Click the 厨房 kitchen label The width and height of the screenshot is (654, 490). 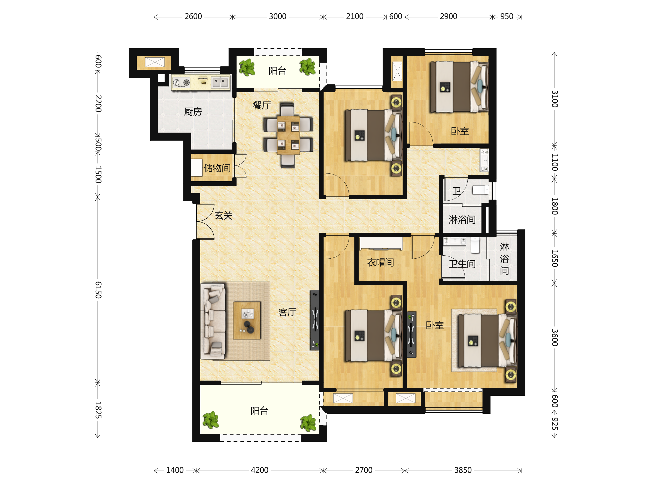point(193,112)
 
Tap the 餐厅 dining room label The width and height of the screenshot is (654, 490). point(262,105)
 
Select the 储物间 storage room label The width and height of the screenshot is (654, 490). point(217,168)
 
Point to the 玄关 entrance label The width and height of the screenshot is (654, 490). point(223,216)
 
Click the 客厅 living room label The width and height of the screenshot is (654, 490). point(287,312)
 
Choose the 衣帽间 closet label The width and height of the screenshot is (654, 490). point(380,262)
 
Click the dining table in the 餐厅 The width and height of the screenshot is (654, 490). point(288,135)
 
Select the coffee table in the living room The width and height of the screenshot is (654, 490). point(247,320)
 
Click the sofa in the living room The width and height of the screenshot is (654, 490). point(213,321)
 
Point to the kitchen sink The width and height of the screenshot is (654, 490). point(220,82)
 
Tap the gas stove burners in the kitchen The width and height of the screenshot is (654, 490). point(181,83)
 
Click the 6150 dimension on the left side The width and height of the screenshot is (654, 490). point(98,290)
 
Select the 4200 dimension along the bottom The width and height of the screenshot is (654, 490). point(260,470)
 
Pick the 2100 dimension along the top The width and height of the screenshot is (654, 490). point(355,17)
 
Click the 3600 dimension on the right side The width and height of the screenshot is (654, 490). point(555,338)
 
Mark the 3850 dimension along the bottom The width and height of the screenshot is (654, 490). point(463,470)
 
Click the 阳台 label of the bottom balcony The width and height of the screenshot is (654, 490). point(259,411)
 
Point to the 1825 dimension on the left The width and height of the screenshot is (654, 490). point(98,410)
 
